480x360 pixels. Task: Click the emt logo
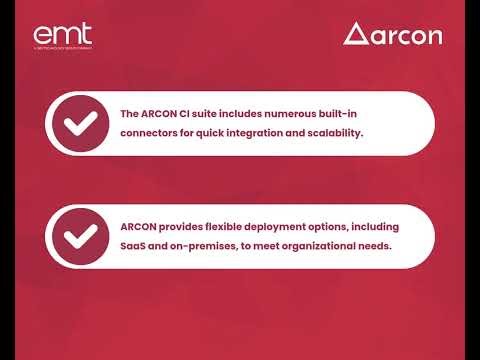62,36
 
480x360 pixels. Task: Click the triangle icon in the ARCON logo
355,34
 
